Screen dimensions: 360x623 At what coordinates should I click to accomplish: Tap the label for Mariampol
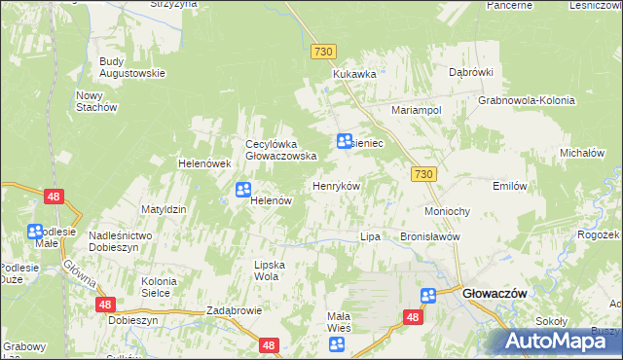[417, 111]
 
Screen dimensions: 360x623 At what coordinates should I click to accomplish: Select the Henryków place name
[336, 186]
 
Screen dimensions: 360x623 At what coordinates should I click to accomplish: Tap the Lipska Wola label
[266, 270]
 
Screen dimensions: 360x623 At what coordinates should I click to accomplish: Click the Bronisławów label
[429, 236]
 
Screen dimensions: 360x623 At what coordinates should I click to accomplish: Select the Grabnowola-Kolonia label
[527, 100]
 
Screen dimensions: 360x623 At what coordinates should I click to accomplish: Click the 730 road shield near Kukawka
[324, 51]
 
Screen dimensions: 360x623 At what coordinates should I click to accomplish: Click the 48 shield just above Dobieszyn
[106, 305]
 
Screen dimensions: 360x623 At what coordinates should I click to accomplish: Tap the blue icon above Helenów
[243, 190]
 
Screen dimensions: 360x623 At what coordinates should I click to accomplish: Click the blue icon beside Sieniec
[345, 141]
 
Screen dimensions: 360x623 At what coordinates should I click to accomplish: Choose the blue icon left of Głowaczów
[428, 296]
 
